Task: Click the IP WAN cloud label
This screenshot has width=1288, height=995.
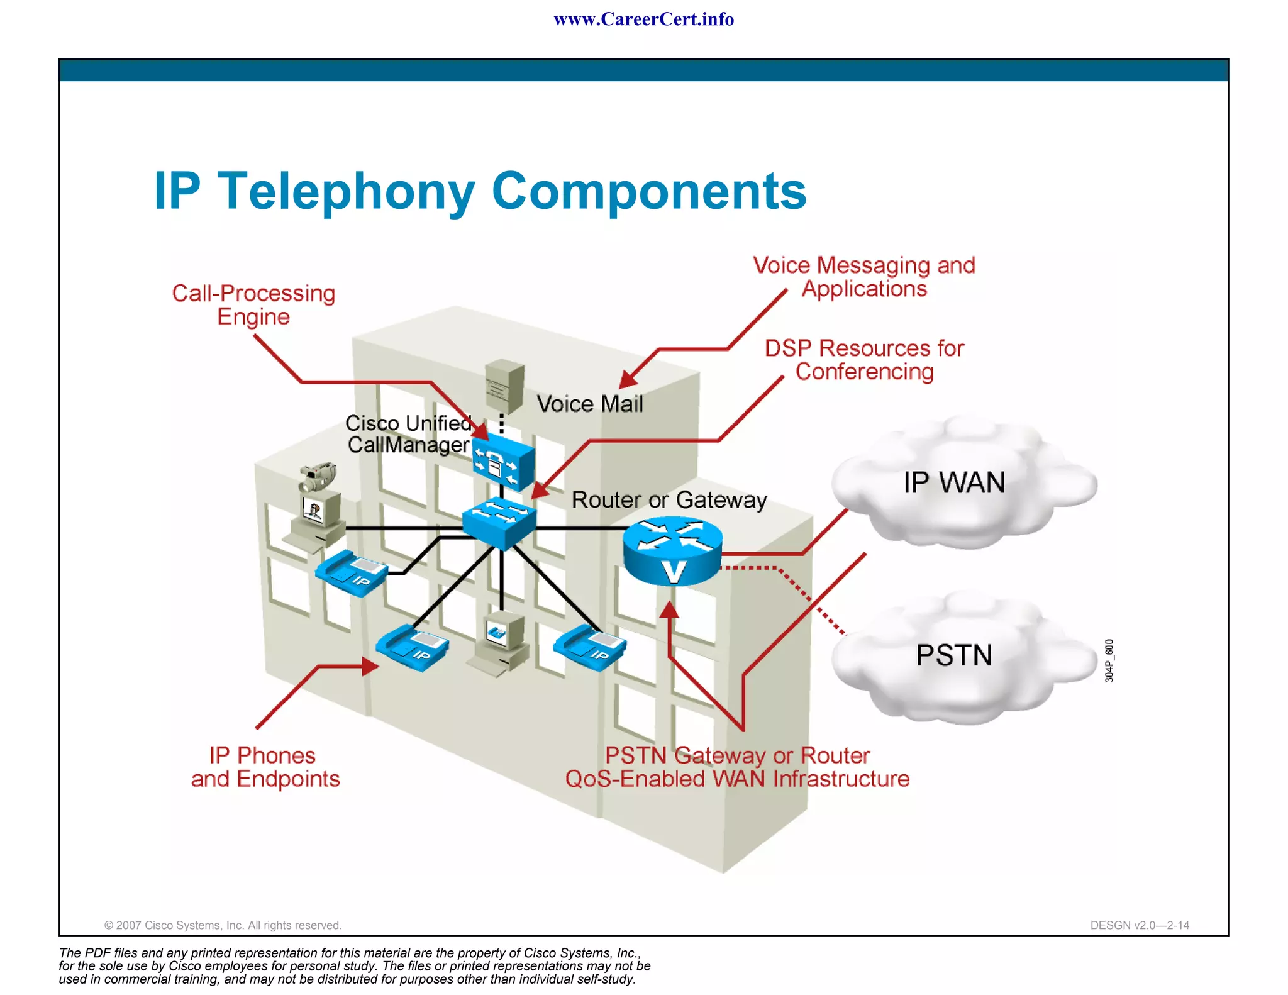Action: coord(954,483)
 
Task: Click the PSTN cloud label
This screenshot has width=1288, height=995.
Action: coord(953,655)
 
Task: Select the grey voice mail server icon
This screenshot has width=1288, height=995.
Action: coord(504,385)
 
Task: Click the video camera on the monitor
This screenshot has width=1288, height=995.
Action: coord(318,477)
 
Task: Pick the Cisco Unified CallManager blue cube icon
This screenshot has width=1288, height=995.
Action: coord(503,464)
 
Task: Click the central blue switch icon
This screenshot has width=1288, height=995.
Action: coord(499,522)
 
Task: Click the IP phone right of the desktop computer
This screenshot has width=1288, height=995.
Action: coord(590,647)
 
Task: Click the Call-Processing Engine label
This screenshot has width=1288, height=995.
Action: coord(253,304)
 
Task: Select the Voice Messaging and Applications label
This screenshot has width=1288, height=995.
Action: coord(864,277)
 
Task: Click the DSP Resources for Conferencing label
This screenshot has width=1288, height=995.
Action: coord(864,360)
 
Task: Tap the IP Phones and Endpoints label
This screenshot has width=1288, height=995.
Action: coord(265,767)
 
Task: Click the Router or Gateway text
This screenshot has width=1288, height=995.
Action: coord(669,500)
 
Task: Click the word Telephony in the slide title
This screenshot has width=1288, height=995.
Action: coord(345,191)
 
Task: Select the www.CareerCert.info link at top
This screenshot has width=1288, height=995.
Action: coord(643,19)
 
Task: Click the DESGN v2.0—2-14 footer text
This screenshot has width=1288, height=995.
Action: coord(1139,925)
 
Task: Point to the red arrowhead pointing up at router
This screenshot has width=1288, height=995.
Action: coord(670,609)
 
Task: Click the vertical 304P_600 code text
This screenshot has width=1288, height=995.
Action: coord(1109,660)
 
